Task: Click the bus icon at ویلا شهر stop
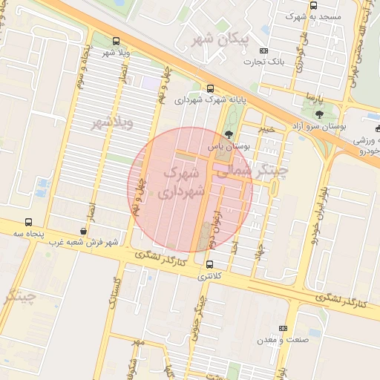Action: pos(115,42)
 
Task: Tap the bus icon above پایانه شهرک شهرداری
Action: pos(210,88)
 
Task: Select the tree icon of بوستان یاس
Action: pos(227,135)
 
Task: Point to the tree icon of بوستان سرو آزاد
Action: pos(319,114)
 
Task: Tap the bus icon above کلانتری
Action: pos(209,264)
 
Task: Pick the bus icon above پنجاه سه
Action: pos(28,222)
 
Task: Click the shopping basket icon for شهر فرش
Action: pos(82,232)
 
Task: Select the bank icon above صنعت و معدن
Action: pos(283,328)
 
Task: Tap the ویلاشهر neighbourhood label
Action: pos(112,122)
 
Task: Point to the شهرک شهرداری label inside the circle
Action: pos(180,182)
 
